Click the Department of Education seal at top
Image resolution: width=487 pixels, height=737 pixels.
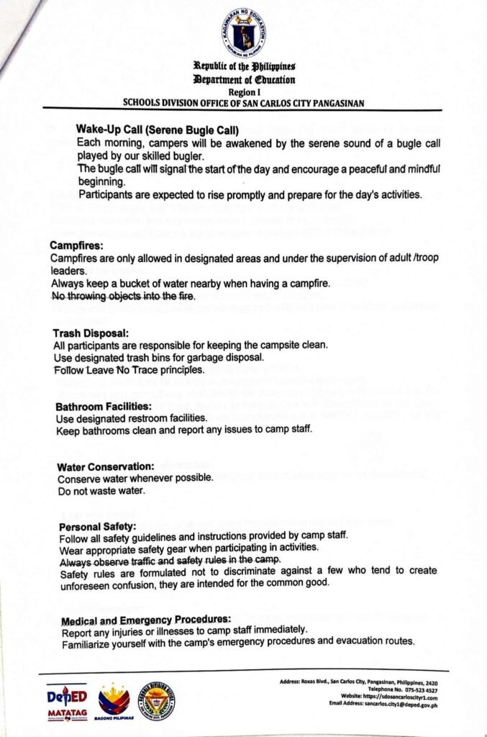tap(243, 32)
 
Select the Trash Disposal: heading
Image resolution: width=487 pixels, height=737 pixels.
tap(91, 333)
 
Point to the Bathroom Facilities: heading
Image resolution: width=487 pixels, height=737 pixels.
tap(102, 407)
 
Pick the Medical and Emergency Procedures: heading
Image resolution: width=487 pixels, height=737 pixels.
tap(146, 620)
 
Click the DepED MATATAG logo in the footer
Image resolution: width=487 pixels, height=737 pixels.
tap(66, 702)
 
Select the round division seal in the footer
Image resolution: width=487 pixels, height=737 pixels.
tap(156, 701)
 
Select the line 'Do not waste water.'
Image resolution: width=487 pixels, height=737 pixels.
tap(101, 491)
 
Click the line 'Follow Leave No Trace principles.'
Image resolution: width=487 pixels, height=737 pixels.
tap(129, 370)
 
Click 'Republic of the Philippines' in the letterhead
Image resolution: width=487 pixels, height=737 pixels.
tap(243, 67)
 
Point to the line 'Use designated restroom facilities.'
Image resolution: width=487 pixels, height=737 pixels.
tap(122, 419)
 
